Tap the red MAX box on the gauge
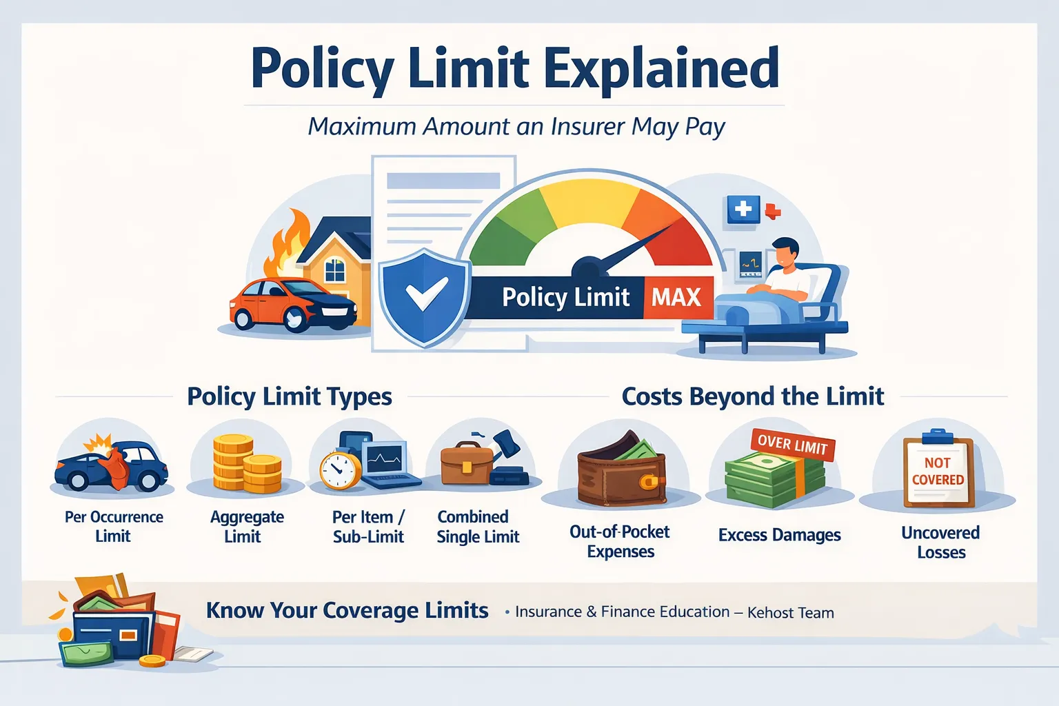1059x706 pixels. (676, 297)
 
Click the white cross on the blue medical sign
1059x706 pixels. (743, 209)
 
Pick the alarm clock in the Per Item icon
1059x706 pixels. (339, 470)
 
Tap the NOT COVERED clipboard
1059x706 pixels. (938, 472)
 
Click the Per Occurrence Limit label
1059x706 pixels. (114, 527)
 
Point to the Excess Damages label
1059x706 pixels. (779, 535)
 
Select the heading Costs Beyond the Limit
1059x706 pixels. (752, 396)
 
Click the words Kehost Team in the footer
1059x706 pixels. (790, 613)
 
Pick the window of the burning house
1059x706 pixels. (335, 270)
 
